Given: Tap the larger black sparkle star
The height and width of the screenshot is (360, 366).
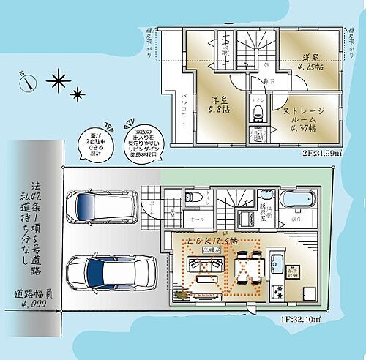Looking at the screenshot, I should [56, 78].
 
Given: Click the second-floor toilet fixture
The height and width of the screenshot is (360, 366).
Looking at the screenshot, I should [256, 113].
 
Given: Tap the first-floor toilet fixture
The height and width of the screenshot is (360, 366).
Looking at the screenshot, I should [190, 197].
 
